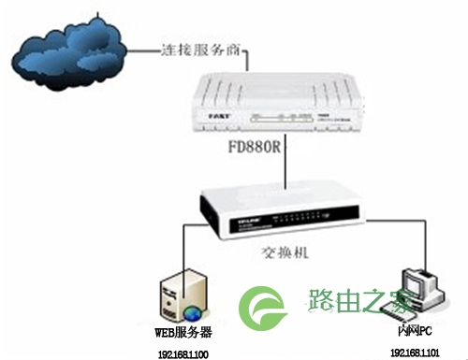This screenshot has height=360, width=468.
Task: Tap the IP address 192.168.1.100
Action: click(184, 352)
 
